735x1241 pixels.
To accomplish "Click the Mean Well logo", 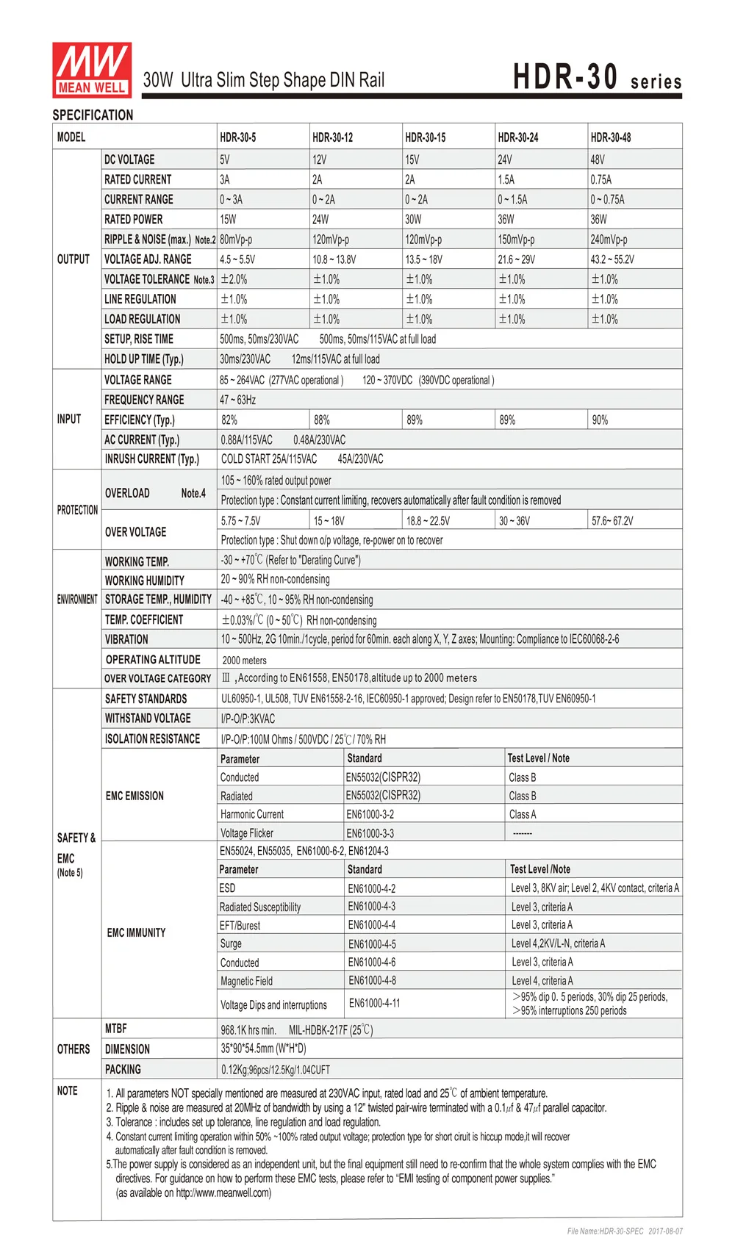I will [92, 70].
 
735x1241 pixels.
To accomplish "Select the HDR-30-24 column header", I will [517, 137].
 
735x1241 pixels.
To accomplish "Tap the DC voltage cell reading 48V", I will [598, 159].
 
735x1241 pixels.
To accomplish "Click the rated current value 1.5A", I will [506, 179].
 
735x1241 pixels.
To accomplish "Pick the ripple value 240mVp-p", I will [609, 240].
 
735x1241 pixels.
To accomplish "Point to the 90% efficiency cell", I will [600, 420].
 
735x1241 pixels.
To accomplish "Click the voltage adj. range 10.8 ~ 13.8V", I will [334, 259].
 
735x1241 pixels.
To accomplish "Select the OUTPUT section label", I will [73, 259].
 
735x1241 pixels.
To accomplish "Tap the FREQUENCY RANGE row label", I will [144, 400].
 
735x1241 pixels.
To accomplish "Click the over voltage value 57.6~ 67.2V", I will [612, 521].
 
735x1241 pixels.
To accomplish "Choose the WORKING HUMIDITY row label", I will [144, 580].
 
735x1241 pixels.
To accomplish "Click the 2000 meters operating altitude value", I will [244, 661].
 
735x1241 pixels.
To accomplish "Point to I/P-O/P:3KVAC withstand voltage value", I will [248, 719].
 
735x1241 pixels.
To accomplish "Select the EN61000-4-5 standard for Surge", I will [372, 944].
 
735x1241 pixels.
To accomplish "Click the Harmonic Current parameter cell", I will [252, 814].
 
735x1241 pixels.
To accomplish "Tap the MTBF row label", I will [115, 1029].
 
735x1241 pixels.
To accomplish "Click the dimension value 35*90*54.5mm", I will [263, 1048].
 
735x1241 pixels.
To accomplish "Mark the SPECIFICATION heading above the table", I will [93, 115].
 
